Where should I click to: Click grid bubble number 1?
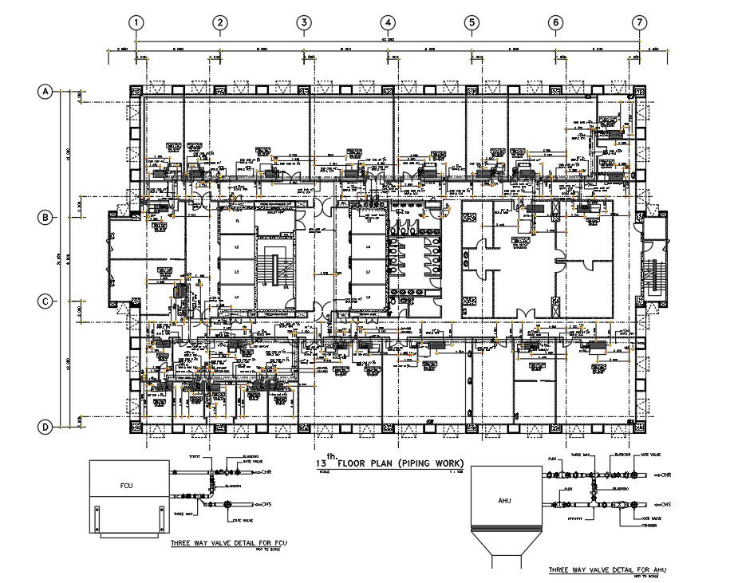[x=137, y=23]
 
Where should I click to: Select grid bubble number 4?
[x=387, y=23]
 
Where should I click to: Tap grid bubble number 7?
[x=638, y=23]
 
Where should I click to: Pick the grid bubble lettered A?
[x=46, y=93]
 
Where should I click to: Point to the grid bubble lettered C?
[x=46, y=301]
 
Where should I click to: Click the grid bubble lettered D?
[x=46, y=427]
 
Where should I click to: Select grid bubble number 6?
[x=554, y=23]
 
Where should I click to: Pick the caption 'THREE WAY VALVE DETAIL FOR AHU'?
[x=606, y=570]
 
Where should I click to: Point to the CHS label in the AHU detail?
[x=665, y=505]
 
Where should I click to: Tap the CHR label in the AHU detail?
[x=665, y=475]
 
